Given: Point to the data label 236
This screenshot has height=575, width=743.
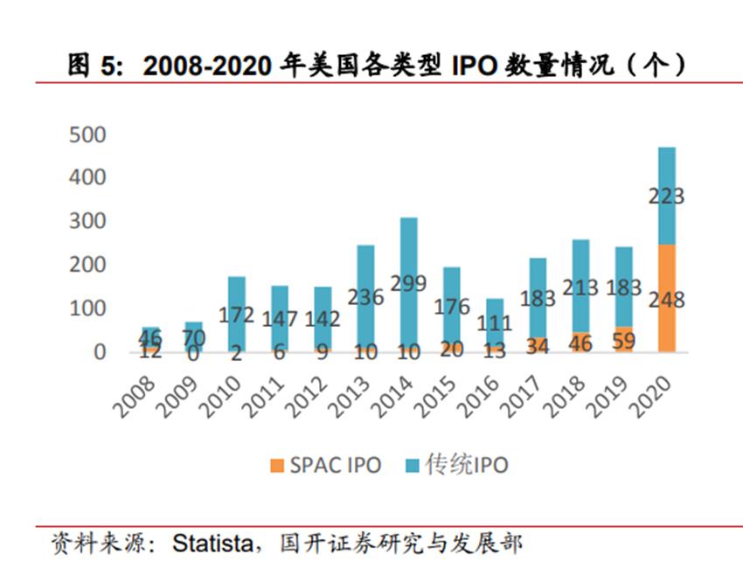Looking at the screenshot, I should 365,297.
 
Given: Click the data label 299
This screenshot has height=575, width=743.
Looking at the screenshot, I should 408,283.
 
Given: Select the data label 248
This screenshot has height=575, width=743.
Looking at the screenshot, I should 666,301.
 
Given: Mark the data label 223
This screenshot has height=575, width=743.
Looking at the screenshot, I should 666,197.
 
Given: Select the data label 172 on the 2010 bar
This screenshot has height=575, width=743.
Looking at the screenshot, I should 236,315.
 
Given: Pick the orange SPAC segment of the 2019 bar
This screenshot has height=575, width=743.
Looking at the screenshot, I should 623,340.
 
